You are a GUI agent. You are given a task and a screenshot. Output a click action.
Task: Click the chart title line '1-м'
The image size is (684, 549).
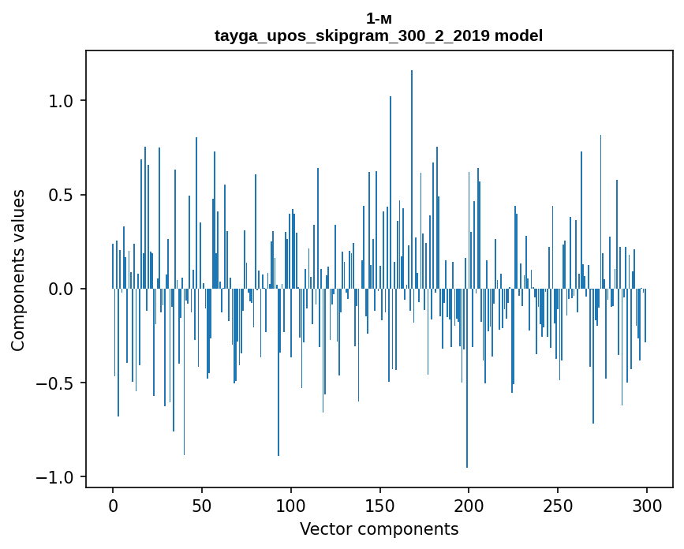tap(379, 18)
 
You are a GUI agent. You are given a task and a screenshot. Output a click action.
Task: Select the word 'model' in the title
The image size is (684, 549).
tap(518, 35)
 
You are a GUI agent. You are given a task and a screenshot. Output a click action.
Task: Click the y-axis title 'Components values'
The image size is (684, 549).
tap(18, 270)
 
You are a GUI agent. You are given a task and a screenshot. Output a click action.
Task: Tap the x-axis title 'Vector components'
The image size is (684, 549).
tap(379, 528)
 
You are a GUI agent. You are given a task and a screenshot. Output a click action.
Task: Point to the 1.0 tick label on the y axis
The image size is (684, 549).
tap(62, 101)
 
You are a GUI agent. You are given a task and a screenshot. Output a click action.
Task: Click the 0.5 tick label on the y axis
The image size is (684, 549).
tap(62, 195)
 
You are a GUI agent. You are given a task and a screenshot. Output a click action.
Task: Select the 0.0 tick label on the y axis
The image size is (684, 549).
tap(62, 289)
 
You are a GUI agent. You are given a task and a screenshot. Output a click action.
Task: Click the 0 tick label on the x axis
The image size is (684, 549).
tap(113, 505)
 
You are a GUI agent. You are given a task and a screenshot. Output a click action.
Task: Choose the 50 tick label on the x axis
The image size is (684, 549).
tap(202, 505)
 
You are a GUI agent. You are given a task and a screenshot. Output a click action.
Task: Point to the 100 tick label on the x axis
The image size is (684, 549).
tap(291, 505)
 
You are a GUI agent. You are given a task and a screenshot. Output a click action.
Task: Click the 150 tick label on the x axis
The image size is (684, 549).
tap(380, 505)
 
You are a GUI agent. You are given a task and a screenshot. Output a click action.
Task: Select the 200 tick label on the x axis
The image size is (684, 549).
tap(469, 505)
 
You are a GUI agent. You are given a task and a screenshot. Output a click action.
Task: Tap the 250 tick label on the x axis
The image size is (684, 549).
tap(559, 505)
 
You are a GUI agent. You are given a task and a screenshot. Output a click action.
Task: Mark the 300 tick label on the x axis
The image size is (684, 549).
tap(648, 505)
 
